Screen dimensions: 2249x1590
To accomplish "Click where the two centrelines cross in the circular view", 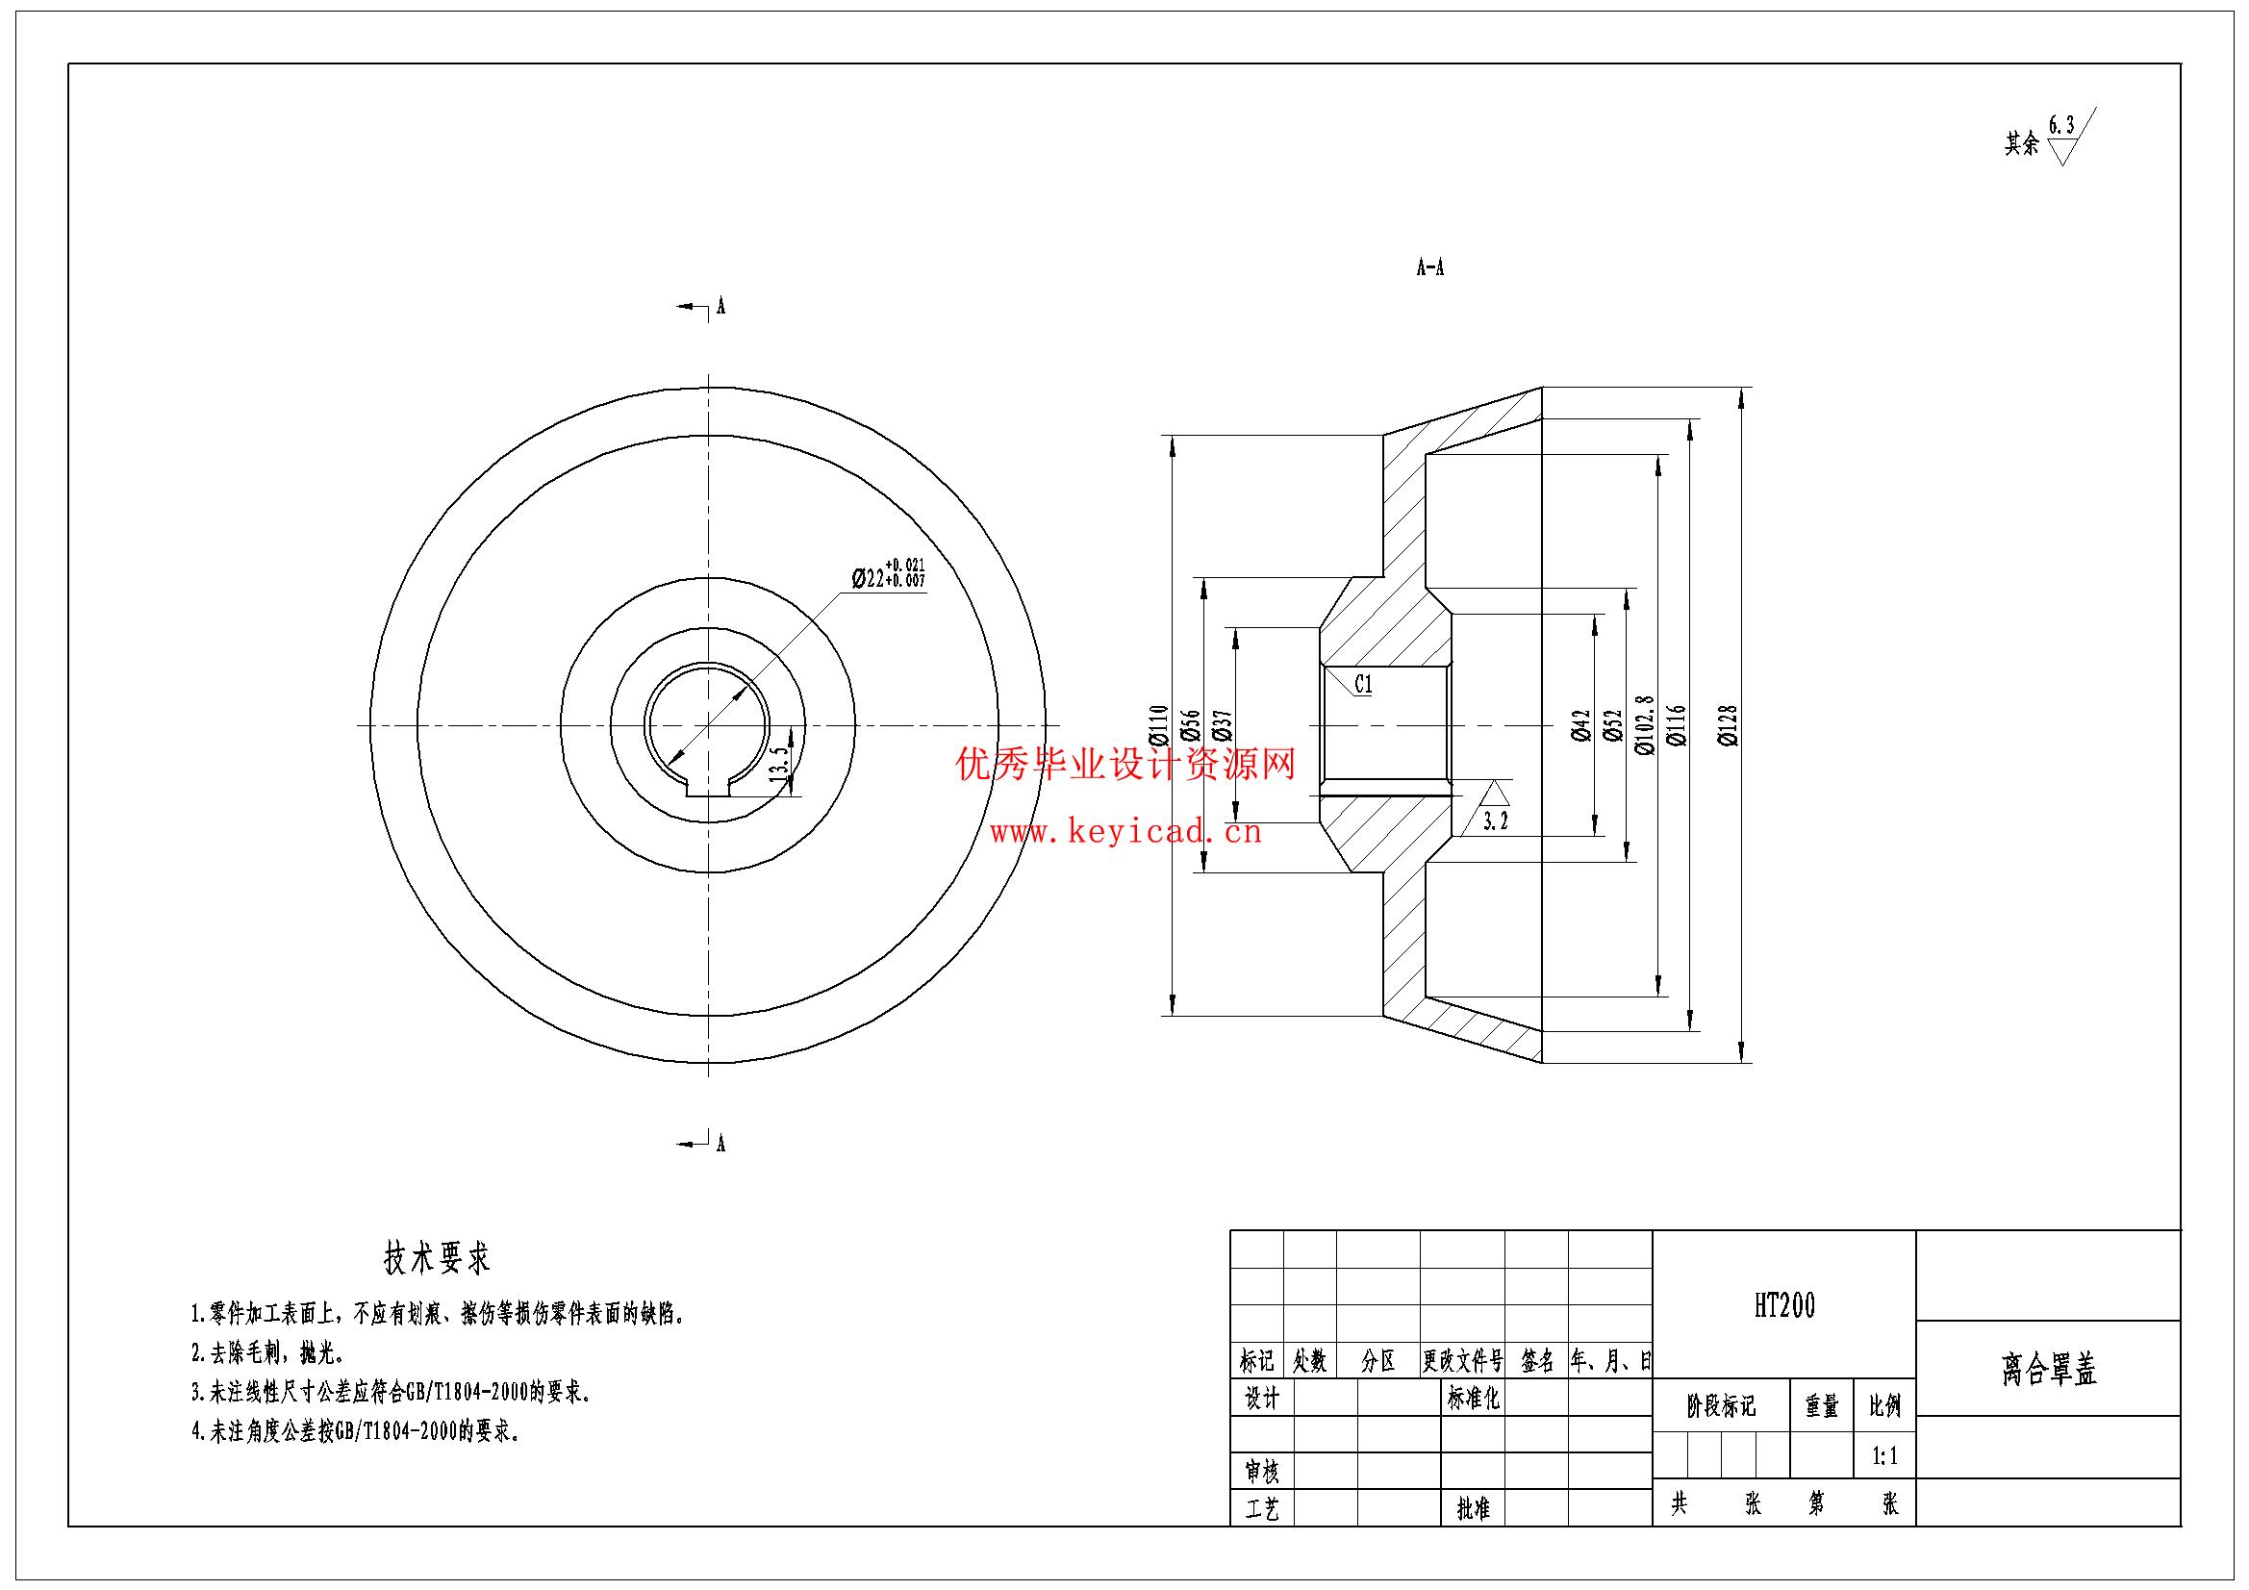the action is (708, 725).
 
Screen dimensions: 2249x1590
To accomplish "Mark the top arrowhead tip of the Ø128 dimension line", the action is (1742, 389).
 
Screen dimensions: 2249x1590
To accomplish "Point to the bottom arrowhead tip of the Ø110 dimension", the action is (1174, 1016).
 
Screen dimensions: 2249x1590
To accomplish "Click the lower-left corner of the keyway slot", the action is (687, 795).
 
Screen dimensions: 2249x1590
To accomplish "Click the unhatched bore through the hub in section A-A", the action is (1386, 725).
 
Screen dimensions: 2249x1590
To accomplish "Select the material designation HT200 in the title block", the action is (1783, 1306).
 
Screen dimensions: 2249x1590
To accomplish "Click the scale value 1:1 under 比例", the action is (1884, 1456).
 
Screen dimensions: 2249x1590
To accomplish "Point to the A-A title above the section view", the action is (1430, 268).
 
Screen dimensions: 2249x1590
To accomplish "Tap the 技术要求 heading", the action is (437, 1259).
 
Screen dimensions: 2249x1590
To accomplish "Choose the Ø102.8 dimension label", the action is (1645, 726).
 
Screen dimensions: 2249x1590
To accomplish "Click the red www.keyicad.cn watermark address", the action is (1126, 834).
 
